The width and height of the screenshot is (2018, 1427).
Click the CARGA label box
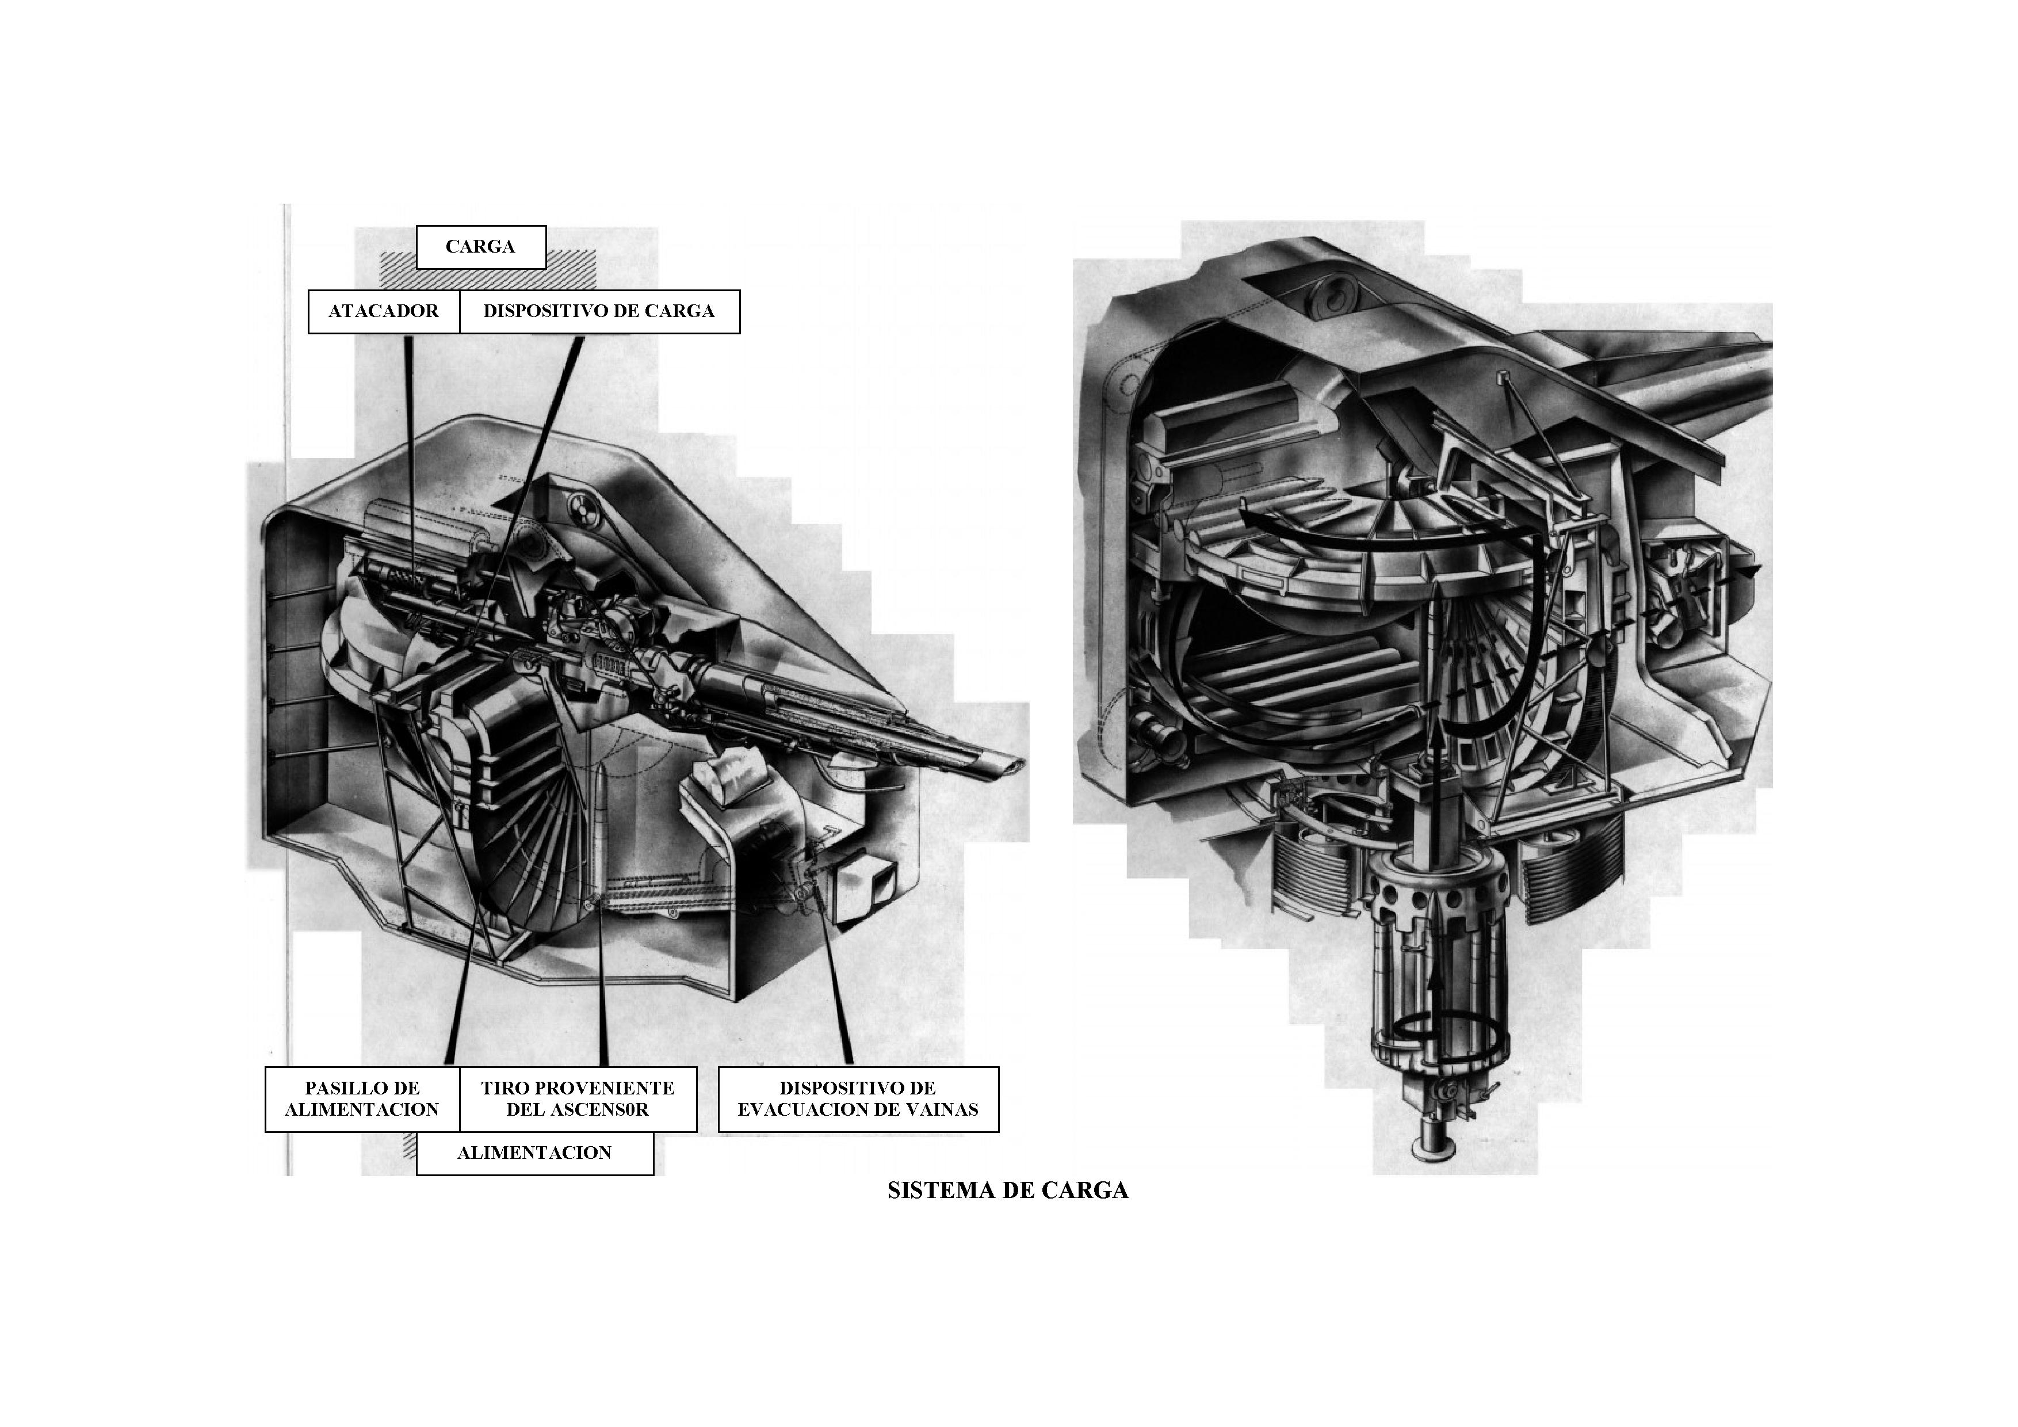point(481,246)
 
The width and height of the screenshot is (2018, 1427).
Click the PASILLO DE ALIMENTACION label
point(362,1099)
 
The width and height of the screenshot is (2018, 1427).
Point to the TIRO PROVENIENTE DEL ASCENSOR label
point(578,1099)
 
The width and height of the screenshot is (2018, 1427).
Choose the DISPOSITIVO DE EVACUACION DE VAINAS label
point(858,1099)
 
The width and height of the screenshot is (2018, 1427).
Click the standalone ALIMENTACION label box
point(534,1153)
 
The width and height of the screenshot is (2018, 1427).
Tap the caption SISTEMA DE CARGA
point(1008,1191)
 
